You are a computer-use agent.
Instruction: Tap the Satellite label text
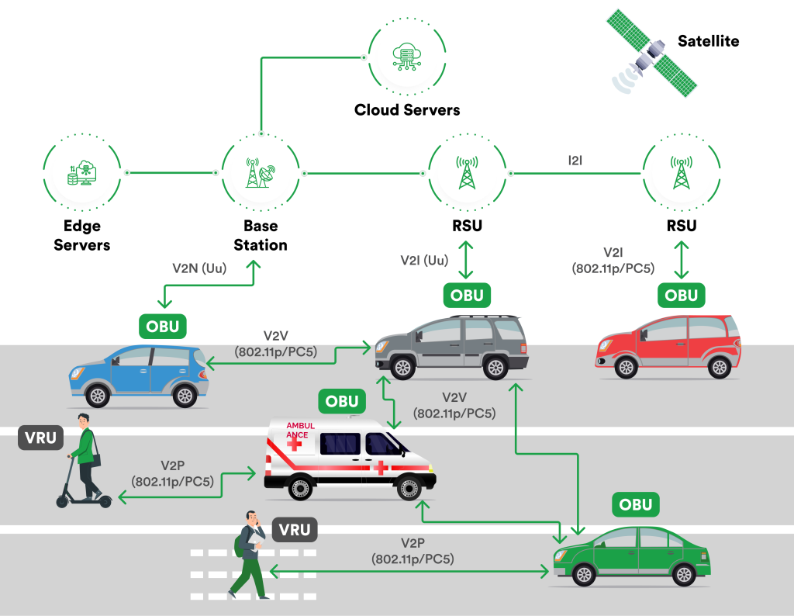click(708, 41)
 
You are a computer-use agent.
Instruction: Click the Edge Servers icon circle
click(81, 172)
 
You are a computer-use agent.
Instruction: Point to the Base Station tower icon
click(260, 172)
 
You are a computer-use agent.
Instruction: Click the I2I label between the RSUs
click(575, 161)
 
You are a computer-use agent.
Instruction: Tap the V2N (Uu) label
click(198, 268)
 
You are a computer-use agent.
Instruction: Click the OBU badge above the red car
click(682, 296)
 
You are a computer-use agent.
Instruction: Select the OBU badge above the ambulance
click(342, 401)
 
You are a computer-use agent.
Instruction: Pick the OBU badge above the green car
click(636, 505)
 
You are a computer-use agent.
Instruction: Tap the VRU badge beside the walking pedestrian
click(295, 531)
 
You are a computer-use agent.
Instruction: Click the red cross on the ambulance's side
click(381, 467)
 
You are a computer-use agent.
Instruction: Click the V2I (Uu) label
click(425, 260)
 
